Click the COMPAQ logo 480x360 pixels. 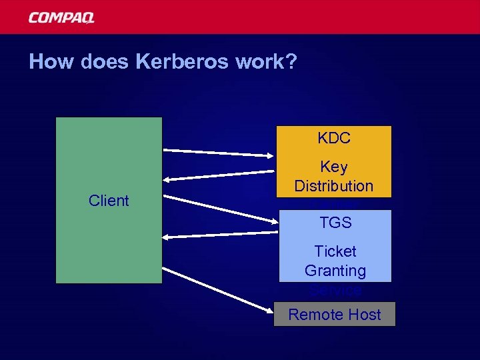(x=61, y=18)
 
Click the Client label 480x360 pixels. (x=109, y=201)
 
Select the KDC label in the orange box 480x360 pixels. (x=334, y=139)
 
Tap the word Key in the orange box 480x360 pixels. (x=334, y=167)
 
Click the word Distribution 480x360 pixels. (x=334, y=186)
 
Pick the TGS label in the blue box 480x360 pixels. (x=335, y=223)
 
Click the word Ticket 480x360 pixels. (x=335, y=251)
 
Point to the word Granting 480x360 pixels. (x=335, y=271)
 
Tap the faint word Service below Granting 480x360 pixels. (x=335, y=291)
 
